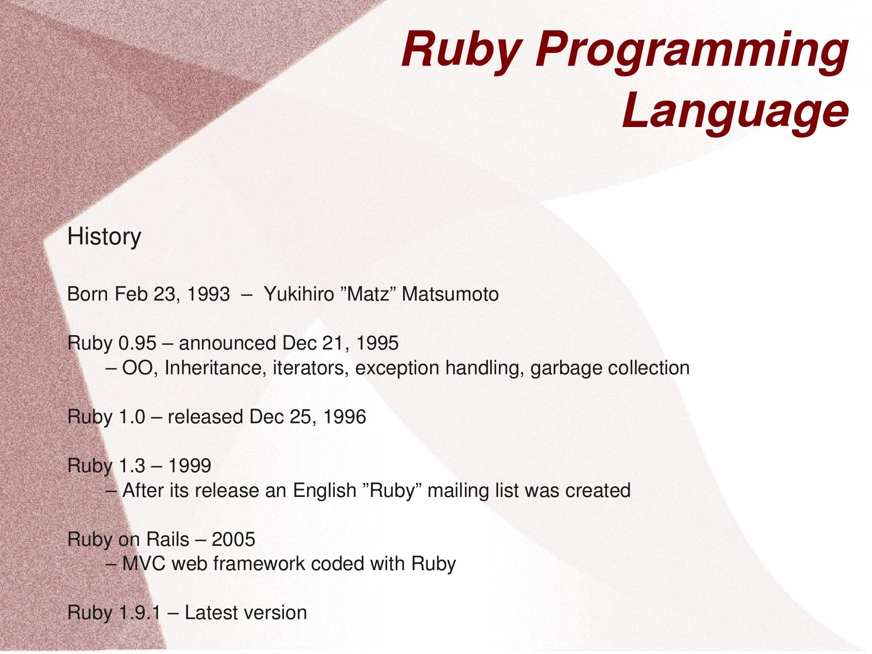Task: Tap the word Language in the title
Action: point(735,112)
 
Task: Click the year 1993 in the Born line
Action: point(208,294)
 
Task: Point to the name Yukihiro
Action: point(299,294)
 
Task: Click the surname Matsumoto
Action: point(450,294)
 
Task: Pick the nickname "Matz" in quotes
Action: point(368,294)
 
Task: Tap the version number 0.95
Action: point(138,343)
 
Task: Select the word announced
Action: point(227,343)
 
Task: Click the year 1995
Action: point(377,343)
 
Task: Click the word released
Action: point(205,417)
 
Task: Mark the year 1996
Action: point(344,417)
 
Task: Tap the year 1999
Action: point(189,466)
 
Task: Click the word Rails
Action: point(168,540)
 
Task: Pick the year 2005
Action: point(234,540)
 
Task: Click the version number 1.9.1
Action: point(140,613)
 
